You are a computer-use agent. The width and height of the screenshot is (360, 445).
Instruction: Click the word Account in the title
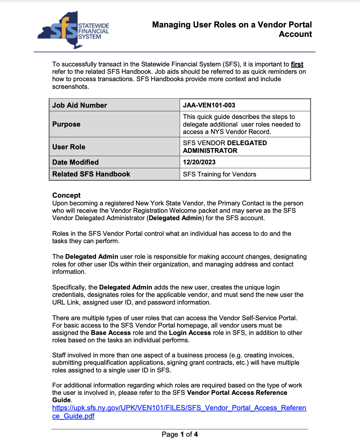(x=295, y=34)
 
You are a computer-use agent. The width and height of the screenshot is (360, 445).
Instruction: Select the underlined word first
(x=297, y=64)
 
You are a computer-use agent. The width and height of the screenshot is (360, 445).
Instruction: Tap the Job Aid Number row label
(x=80, y=105)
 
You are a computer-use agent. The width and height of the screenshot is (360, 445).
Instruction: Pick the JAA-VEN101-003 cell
(x=209, y=105)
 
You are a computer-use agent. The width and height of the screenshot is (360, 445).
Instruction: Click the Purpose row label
(x=66, y=124)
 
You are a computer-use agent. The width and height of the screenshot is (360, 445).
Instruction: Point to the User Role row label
(x=69, y=147)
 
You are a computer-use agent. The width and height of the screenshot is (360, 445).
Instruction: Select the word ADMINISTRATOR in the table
(x=210, y=151)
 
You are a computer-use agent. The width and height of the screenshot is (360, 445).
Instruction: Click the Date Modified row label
(x=76, y=162)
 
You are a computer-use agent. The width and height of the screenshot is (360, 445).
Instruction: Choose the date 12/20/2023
(x=199, y=162)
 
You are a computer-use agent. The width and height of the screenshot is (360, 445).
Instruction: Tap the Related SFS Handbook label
(x=91, y=174)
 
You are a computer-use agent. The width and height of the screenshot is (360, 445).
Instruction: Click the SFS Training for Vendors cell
(x=220, y=174)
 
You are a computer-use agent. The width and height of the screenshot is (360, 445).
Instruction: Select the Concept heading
(x=66, y=195)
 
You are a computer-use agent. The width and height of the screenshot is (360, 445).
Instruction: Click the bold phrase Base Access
(x=111, y=333)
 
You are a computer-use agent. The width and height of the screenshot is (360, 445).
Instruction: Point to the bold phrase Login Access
(x=190, y=333)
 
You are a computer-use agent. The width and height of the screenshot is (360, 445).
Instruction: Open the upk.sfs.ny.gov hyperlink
(x=179, y=408)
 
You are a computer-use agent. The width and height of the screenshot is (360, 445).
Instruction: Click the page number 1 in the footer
(x=182, y=434)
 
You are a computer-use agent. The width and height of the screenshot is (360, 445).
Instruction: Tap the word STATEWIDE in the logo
(x=94, y=26)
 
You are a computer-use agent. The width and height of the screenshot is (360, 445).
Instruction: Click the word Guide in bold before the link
(x=61, y=400)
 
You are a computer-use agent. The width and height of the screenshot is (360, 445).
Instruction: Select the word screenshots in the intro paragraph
(x=70, y=87)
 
